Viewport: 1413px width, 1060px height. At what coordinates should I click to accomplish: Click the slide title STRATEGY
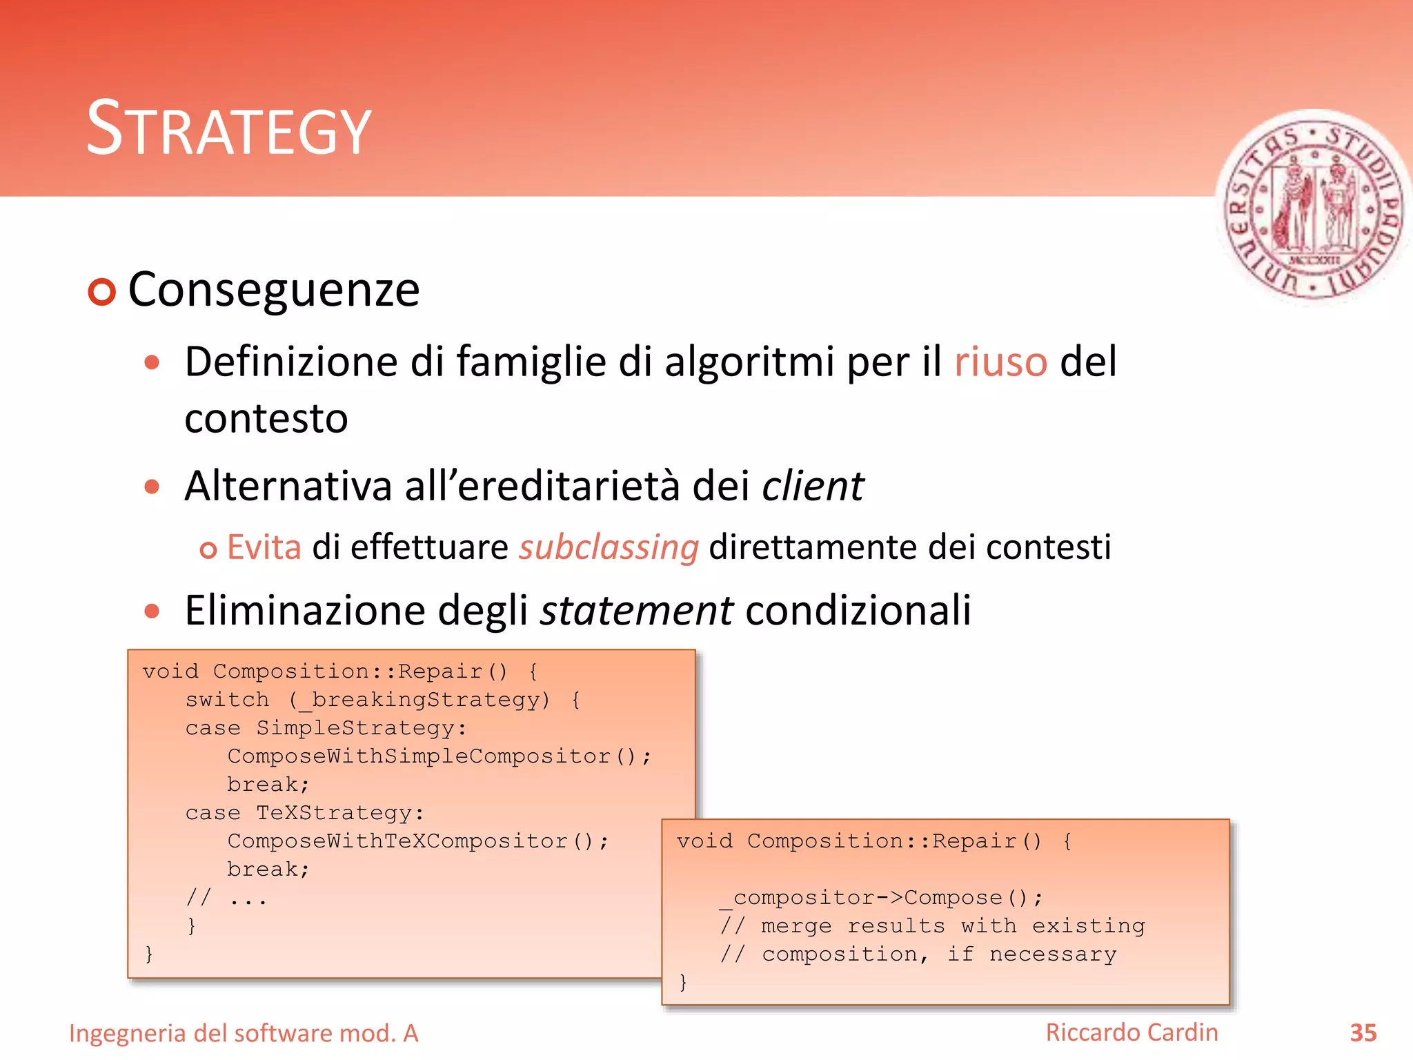pyautogui.click(x=228, y=129)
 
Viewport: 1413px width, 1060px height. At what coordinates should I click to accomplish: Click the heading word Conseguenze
pyautogui.click(x=274, y=289)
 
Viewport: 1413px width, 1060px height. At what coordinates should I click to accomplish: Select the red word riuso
pyautogui.click(x=1000, y=362)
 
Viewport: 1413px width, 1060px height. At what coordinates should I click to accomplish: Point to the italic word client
pyautogui.click(x=812, y=486)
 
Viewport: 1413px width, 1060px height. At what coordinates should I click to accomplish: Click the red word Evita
pyautogui.click(x=264, y=547)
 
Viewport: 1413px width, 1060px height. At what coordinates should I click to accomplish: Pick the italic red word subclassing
pyautogui.click(x=609, y=547)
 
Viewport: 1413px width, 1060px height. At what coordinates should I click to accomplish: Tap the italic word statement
pyautogui.click(x=636, y=611)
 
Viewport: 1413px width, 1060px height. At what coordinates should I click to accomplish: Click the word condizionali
pyautogui.click(x=858, y=611)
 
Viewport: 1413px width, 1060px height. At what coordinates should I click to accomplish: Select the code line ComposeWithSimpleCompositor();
pyautogui.click(x=439, y=756)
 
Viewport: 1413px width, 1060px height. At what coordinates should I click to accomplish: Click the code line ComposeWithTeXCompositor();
pyautogui.click(x=417, y=841)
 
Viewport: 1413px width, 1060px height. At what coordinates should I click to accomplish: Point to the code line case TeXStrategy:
pyautogui.click(x=304, y=813)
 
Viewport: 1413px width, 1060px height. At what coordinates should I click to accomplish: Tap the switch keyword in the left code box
pyautogui.click(x=227, y=700)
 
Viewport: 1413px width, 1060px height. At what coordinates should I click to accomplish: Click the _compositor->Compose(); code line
pyautogui.click(x=881, y=898)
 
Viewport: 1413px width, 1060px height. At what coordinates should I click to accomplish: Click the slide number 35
pyautogui.click(x=1363, y=1033)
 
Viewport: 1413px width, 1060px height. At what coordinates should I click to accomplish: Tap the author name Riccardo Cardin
pyautogui.click(x=1132, y=1032)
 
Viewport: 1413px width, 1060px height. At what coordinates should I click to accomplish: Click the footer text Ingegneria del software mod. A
pyautogui.click(x=244, y=1033)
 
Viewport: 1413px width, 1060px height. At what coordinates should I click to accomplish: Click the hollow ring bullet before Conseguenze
pyautogui.click(x=102, y=292)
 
